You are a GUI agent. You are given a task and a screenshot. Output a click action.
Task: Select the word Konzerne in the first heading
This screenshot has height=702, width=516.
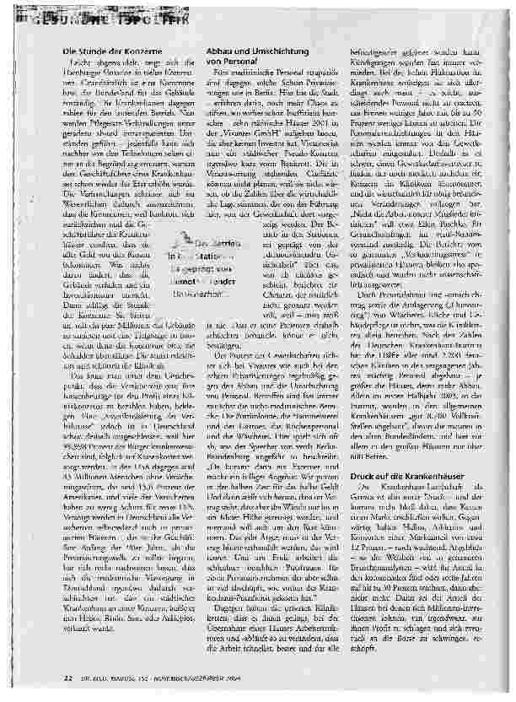[x=133, y=53]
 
